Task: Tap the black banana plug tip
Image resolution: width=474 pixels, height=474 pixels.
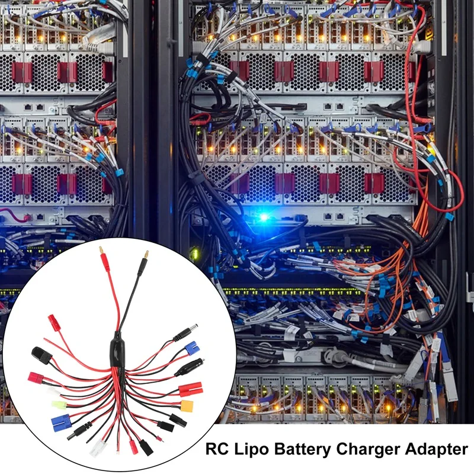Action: click(x=146, y=257)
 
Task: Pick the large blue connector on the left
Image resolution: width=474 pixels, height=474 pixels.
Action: click(x=61, y=422)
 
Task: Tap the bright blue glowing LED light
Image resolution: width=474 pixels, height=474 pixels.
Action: click(x=264, y=217)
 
